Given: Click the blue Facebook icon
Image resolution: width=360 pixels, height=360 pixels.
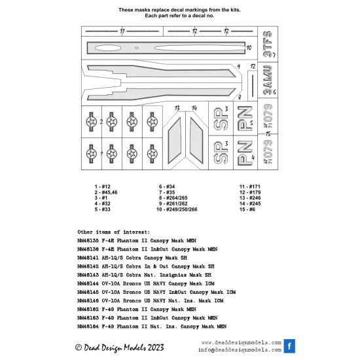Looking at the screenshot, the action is click(x=289, y=346).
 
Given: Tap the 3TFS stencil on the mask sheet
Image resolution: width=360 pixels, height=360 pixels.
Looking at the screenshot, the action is click(x=268, y=44).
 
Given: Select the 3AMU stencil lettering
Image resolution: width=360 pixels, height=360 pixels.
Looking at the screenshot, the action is click(x=268, y=80).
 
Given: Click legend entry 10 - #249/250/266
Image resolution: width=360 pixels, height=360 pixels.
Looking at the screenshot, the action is click(x=177, y=209).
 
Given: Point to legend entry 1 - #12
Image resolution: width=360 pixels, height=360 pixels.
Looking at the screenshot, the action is click(x=102, y=187).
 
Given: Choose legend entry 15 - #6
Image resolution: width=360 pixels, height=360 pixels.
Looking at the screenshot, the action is click(x=247, y=209).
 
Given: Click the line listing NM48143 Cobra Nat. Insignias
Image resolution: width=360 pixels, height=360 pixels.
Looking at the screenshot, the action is click(x=144, y=275).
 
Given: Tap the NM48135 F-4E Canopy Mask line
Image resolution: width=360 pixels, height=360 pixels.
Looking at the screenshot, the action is click(x=137, y=241).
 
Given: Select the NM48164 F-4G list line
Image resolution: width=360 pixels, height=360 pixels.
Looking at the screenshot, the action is click(x=152, y=327).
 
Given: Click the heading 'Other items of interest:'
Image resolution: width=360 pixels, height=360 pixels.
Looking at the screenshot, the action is click(x=114, y=232).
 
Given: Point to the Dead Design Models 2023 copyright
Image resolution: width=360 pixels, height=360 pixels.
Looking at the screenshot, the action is click(x=120, y=348).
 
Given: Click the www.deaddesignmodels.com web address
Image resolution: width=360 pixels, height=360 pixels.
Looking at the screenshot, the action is click(x=242, y=342).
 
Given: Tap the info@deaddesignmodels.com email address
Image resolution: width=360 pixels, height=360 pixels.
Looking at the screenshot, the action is click(x=240, y=350).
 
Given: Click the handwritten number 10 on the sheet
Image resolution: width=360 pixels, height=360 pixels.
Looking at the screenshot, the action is click(x=249, y=48).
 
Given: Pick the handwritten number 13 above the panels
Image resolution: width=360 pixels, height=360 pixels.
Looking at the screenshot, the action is click(x=177, y=108).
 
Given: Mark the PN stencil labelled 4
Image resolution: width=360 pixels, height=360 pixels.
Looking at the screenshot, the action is click(x=245, y=153).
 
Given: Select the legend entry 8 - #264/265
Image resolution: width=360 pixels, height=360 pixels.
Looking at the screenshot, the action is click(x=173, y=198).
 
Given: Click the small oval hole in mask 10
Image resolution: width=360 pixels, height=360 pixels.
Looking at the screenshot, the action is click(x=137, y=48).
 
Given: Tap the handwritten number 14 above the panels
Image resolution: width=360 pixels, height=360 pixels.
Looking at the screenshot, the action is click(x=194, y=108).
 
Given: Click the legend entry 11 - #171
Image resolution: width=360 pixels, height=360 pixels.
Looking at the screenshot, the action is click(x=250, y=187).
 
